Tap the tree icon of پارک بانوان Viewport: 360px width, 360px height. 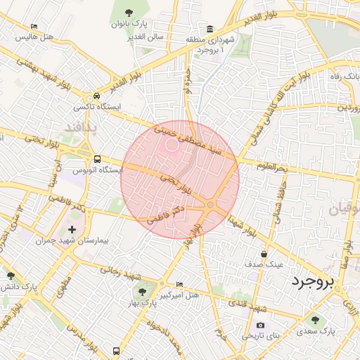tap(129, 13)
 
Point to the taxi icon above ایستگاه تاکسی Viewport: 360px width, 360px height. tap(96, 96)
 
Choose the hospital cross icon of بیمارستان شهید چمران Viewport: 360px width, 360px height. tap(72, 230)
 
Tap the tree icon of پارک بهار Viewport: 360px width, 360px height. tap(143, 291)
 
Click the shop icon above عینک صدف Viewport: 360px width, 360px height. tap(264, 254)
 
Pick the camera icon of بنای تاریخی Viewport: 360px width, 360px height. tap(260, 325)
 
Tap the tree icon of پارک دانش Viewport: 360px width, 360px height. tap(10, 276)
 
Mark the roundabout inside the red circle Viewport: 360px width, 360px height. tap(210, 204)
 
